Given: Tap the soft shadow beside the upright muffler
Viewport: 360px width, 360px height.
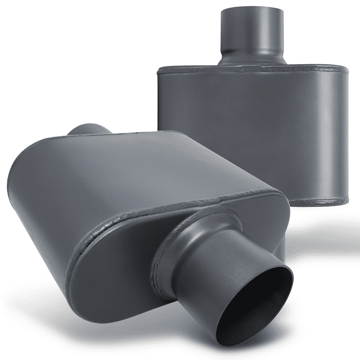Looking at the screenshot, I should click(337, 236).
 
